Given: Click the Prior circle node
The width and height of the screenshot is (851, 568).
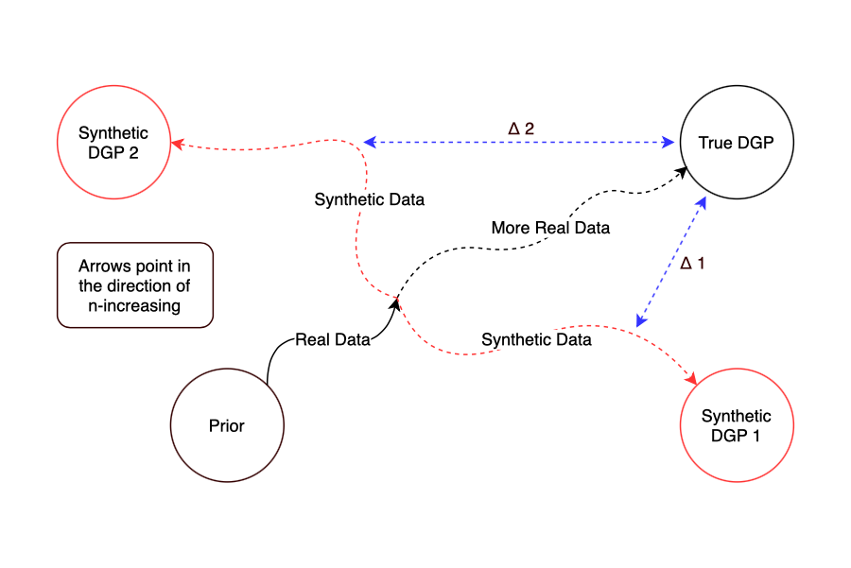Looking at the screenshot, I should tap(227, 425).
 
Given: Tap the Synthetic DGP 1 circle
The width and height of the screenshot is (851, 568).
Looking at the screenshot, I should tap(737, 425).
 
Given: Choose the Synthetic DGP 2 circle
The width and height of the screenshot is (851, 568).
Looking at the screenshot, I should tap(113, 143).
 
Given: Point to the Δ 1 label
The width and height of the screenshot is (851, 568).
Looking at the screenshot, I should tap(693, 264).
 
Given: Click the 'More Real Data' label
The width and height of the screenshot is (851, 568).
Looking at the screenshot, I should tap(550, 228).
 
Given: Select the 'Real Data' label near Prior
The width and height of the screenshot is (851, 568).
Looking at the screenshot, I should tap(332, 340).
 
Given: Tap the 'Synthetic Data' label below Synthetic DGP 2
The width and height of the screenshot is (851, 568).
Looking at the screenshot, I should tap(369, 199).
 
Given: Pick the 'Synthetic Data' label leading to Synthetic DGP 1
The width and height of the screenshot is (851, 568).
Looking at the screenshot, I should tap(536, 339).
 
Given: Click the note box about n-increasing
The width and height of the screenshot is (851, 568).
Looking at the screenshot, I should tap(135, 286).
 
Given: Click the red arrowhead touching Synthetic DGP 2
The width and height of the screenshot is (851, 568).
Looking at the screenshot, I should tap(177, 144).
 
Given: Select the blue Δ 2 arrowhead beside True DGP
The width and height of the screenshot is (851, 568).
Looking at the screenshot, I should tap(673, 143).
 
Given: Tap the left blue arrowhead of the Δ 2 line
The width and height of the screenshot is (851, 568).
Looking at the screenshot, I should tap(371, 143).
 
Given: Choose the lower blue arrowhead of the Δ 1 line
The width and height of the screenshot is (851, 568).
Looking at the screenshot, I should tap(641, 321).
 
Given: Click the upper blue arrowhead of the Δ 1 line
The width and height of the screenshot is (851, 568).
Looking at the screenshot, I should tap(702, 202).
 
